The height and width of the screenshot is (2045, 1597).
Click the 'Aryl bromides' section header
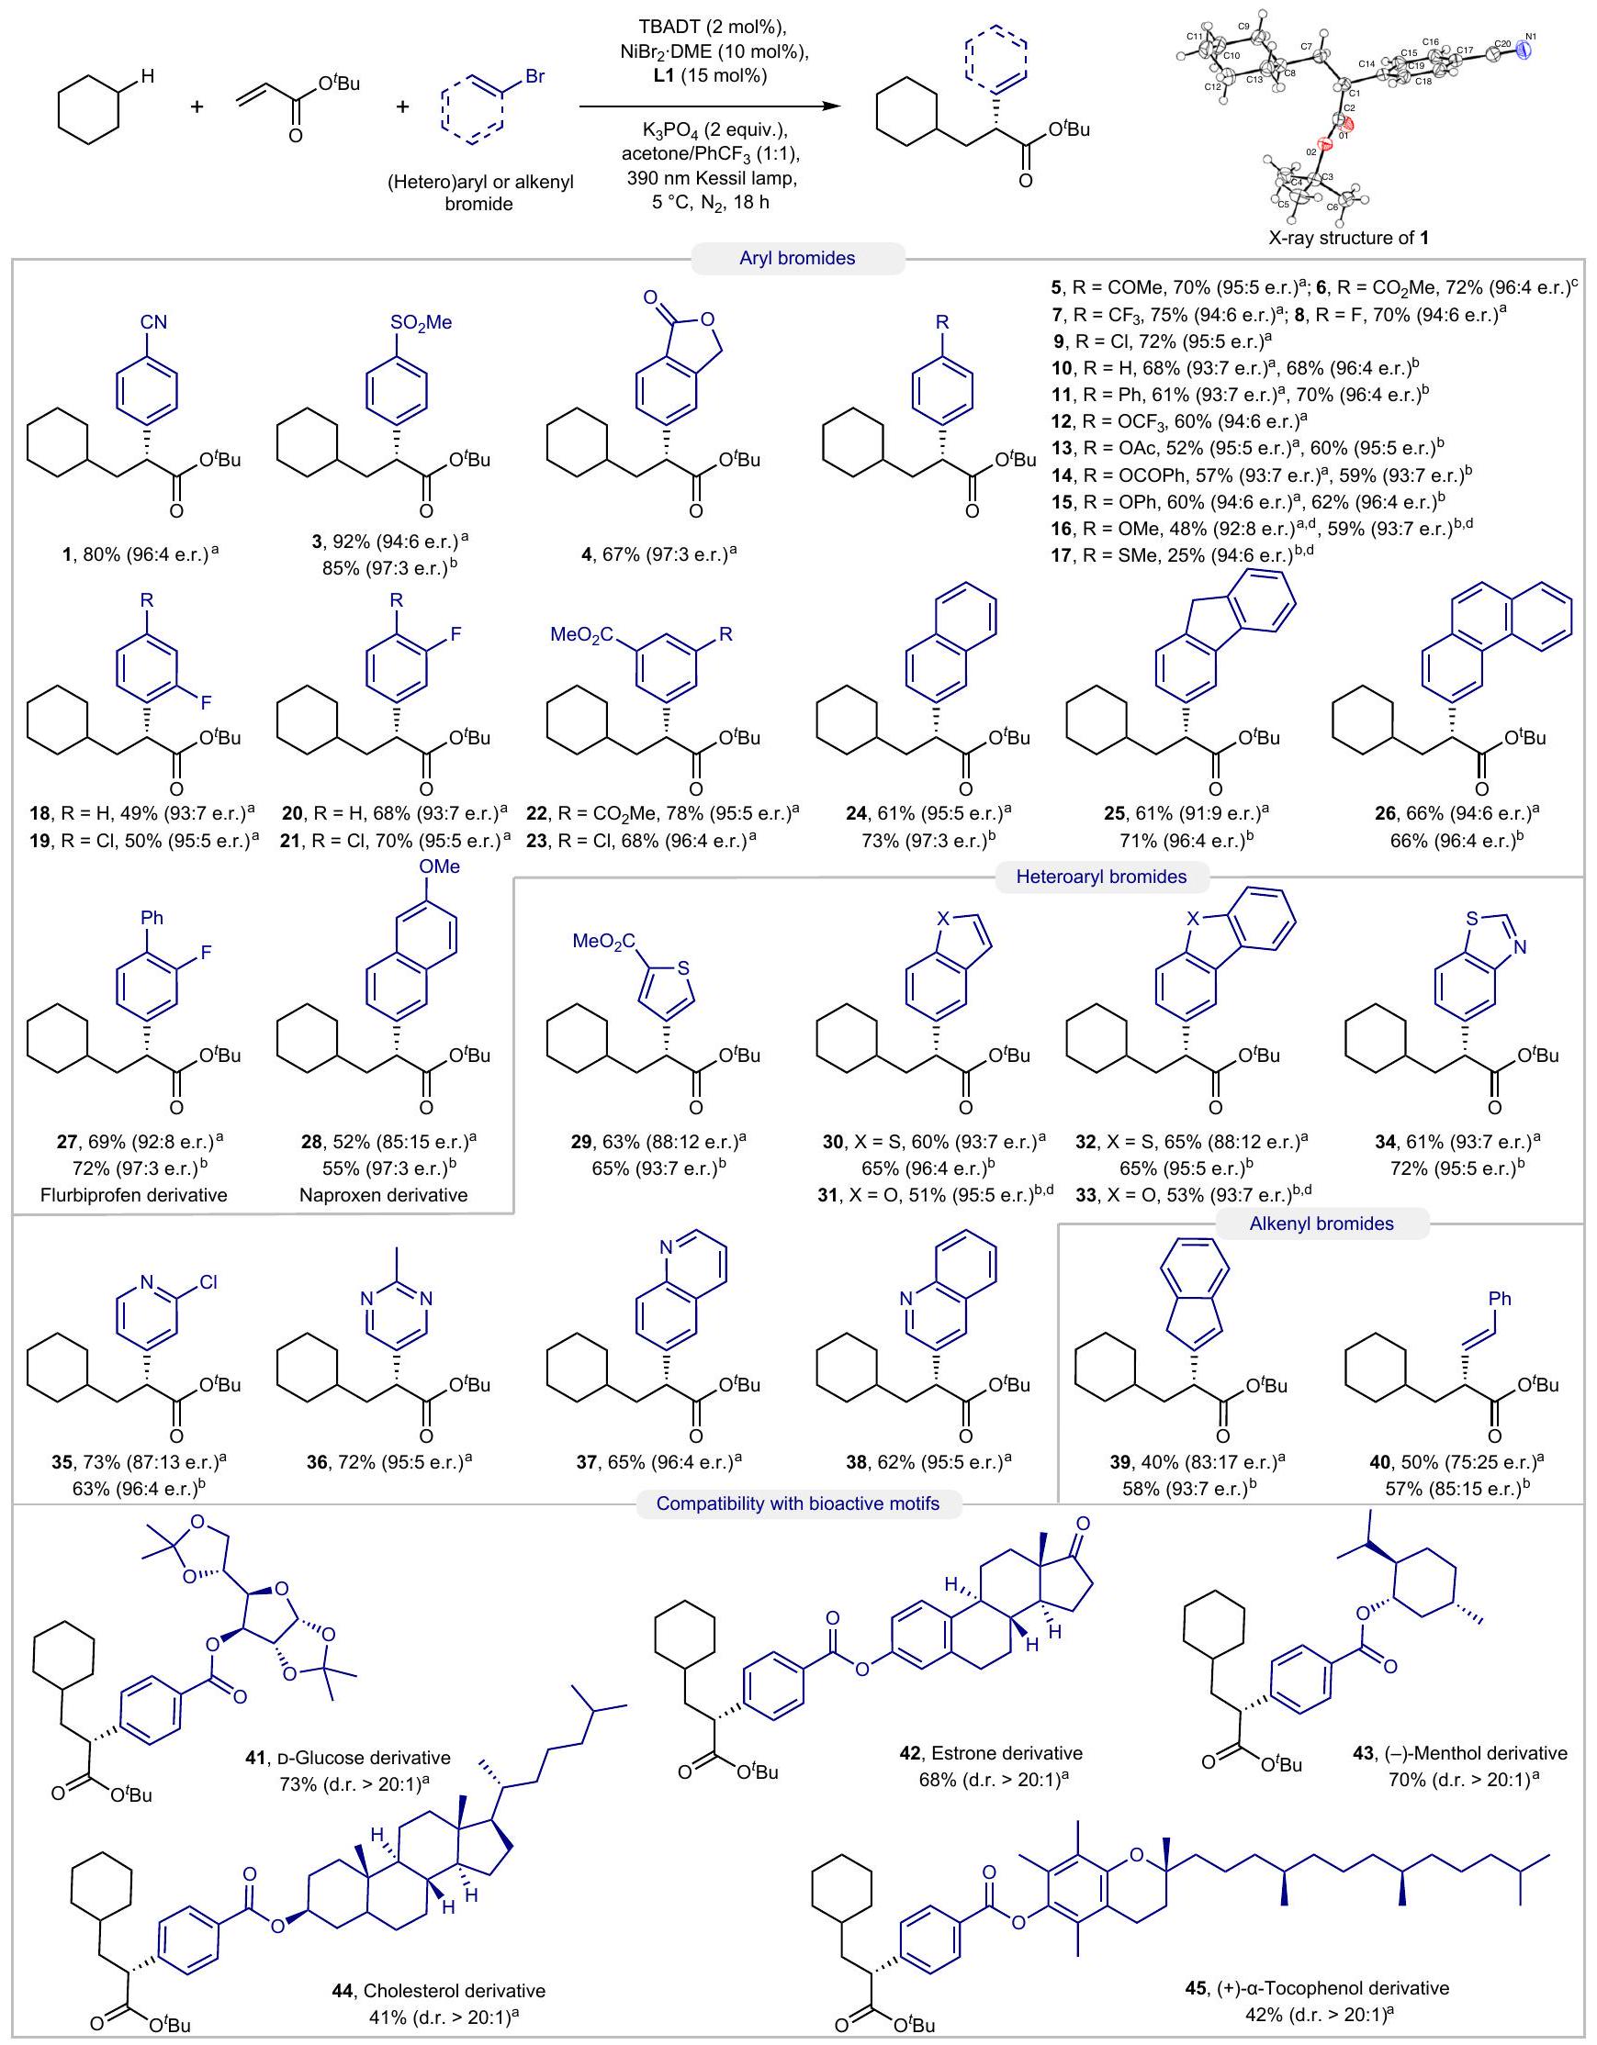point(797,259)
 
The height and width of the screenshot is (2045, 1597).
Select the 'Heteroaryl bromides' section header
point(1100,877)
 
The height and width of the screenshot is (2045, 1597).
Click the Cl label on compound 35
point(208,1281)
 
